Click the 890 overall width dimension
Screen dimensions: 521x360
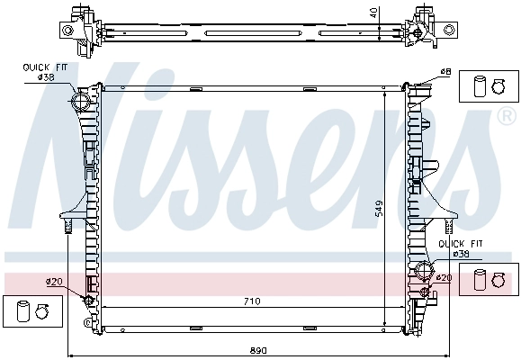pos(258,350)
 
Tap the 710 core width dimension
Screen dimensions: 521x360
pos(252,301)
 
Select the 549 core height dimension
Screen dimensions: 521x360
pos(379,208)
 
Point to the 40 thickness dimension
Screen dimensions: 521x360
pos(373,13)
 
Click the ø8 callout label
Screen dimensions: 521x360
pos(445,71)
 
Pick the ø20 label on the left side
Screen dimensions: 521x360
pos(54,282)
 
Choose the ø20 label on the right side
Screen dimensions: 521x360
pos(444,277)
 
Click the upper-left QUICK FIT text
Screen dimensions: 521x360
pos(45,67)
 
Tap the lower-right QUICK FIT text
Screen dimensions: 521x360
pos(461,244)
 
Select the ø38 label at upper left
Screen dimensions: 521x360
pos(46,77)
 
